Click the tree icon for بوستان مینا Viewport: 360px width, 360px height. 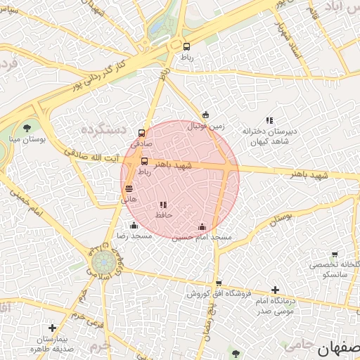[x=27, y=127]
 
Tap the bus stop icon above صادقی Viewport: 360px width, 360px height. [x=142, y=133]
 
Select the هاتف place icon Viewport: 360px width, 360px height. [x=129, y=188]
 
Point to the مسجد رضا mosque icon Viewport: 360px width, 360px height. [x=134, y=225]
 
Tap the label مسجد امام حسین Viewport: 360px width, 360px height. [x=202, y=237]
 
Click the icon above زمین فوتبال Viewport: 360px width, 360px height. [x=205, y=115]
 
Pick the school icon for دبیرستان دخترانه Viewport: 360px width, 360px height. [x=270, y=120]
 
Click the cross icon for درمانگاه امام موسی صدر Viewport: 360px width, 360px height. [x=275, y=289]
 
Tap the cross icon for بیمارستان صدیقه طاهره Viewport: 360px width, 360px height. [x=52, y=328]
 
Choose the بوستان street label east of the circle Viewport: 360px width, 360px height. [x=279, y=220]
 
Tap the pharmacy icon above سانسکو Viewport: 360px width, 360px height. [x=334, y=255]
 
